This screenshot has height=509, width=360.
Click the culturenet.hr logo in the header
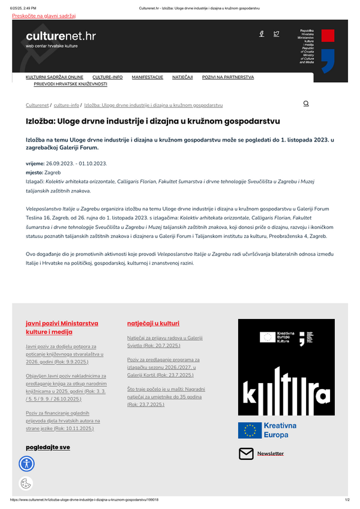coord(61,39)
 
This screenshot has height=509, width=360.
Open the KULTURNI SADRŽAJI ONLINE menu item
coord(55,77)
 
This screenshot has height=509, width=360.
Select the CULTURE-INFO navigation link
coord(107,77)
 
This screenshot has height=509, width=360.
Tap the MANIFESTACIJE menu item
coord(148,77)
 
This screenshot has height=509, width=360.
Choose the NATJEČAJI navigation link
coord(182,77)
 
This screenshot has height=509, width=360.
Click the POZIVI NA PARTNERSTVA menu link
coord(228,77)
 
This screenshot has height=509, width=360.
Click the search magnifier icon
coord(306,104)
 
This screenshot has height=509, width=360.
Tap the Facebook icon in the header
coord(262,34)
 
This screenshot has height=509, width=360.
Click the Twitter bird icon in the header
coord(276,34)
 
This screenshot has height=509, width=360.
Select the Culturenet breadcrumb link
coord(37,105)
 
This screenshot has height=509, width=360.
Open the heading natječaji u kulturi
coord(153,323)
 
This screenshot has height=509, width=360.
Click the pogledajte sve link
coord(48,447)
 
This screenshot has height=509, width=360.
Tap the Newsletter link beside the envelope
coord(271,453)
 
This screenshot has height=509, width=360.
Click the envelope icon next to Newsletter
coord(246,453)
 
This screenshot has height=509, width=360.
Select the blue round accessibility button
coord(27,463)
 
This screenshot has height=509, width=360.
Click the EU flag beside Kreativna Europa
coord(249,430)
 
